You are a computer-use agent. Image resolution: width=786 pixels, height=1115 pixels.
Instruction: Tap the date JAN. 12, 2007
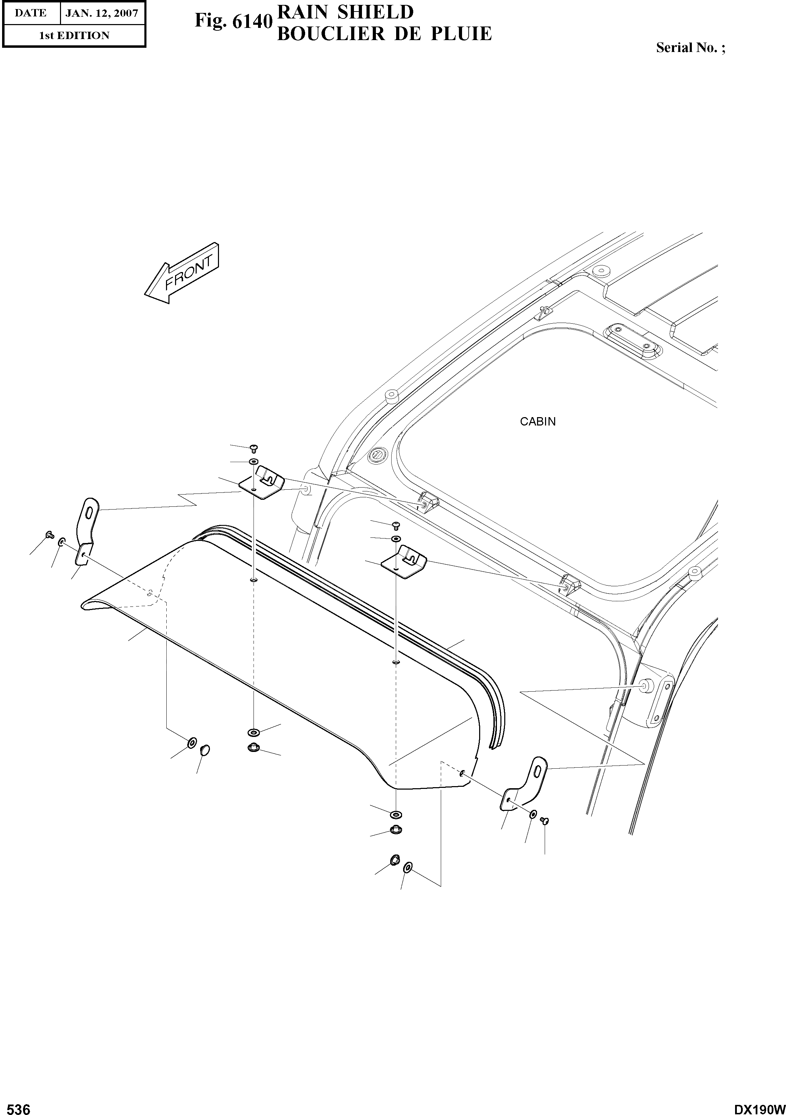click(102, 13)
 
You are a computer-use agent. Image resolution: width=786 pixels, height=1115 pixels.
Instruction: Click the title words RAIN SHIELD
click(345, 12)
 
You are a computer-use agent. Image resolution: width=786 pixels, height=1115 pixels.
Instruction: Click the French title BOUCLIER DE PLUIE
click(384, 33)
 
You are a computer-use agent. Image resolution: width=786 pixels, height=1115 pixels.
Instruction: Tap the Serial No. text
click(690, 47)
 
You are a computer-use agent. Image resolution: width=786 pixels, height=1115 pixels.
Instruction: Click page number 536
click(16, 1105)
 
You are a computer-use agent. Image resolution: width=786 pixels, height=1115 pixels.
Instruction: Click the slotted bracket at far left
click(86, 531)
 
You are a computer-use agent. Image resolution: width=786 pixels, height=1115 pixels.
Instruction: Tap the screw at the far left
click(48, 535)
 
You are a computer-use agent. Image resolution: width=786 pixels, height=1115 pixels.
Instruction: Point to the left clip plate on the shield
click(261, 483)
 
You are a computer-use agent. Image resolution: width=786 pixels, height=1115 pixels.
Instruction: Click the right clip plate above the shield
click(405, 559)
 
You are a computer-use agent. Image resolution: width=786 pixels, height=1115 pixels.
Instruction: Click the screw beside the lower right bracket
click(544, 820)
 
